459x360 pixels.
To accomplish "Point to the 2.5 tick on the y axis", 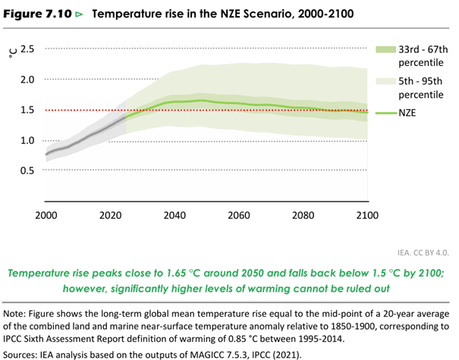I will click(27, 49).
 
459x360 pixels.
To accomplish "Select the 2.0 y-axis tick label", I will click(27, 80).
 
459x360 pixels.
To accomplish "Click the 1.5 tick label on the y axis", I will click(27, 110).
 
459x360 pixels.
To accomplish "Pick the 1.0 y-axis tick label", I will click(27, 140).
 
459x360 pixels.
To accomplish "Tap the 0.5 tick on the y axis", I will click(27, 171).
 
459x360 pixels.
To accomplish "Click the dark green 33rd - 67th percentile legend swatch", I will click(387, 49).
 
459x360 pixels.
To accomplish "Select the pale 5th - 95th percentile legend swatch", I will click(387, 81).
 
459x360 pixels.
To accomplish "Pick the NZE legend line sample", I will click(387, 114).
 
